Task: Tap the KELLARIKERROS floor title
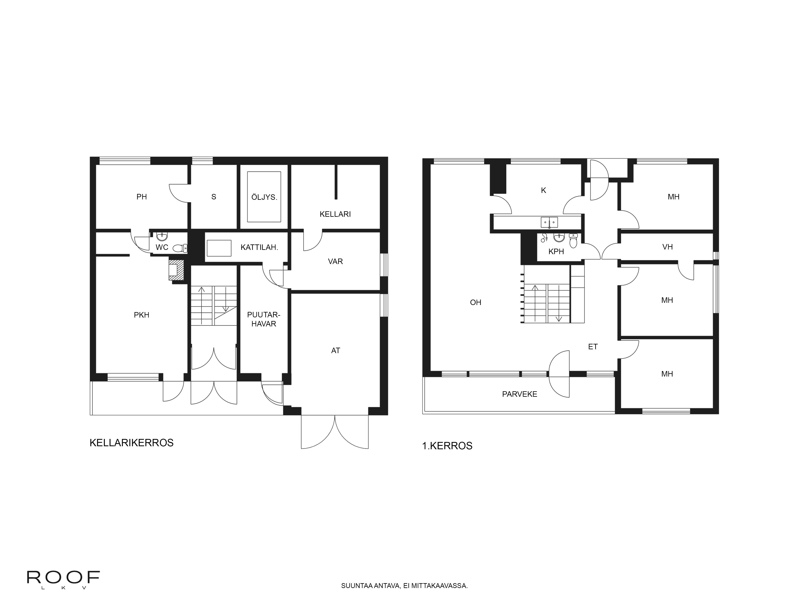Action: (x=131, y=443)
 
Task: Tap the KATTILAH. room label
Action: (x=259, y=247)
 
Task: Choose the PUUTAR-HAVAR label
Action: (x=263, y=319)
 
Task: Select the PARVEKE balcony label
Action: (x=519, y=394)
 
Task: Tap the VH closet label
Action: (x=667, y=247)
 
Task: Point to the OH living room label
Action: (x=475, y=302)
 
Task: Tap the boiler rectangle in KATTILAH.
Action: (x=219, y=248)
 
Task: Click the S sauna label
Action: (x=214, y=197)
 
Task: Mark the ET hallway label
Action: (x=592, y=347)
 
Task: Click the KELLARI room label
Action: (x=335, y=214)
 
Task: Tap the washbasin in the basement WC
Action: (x=161, y=236)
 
